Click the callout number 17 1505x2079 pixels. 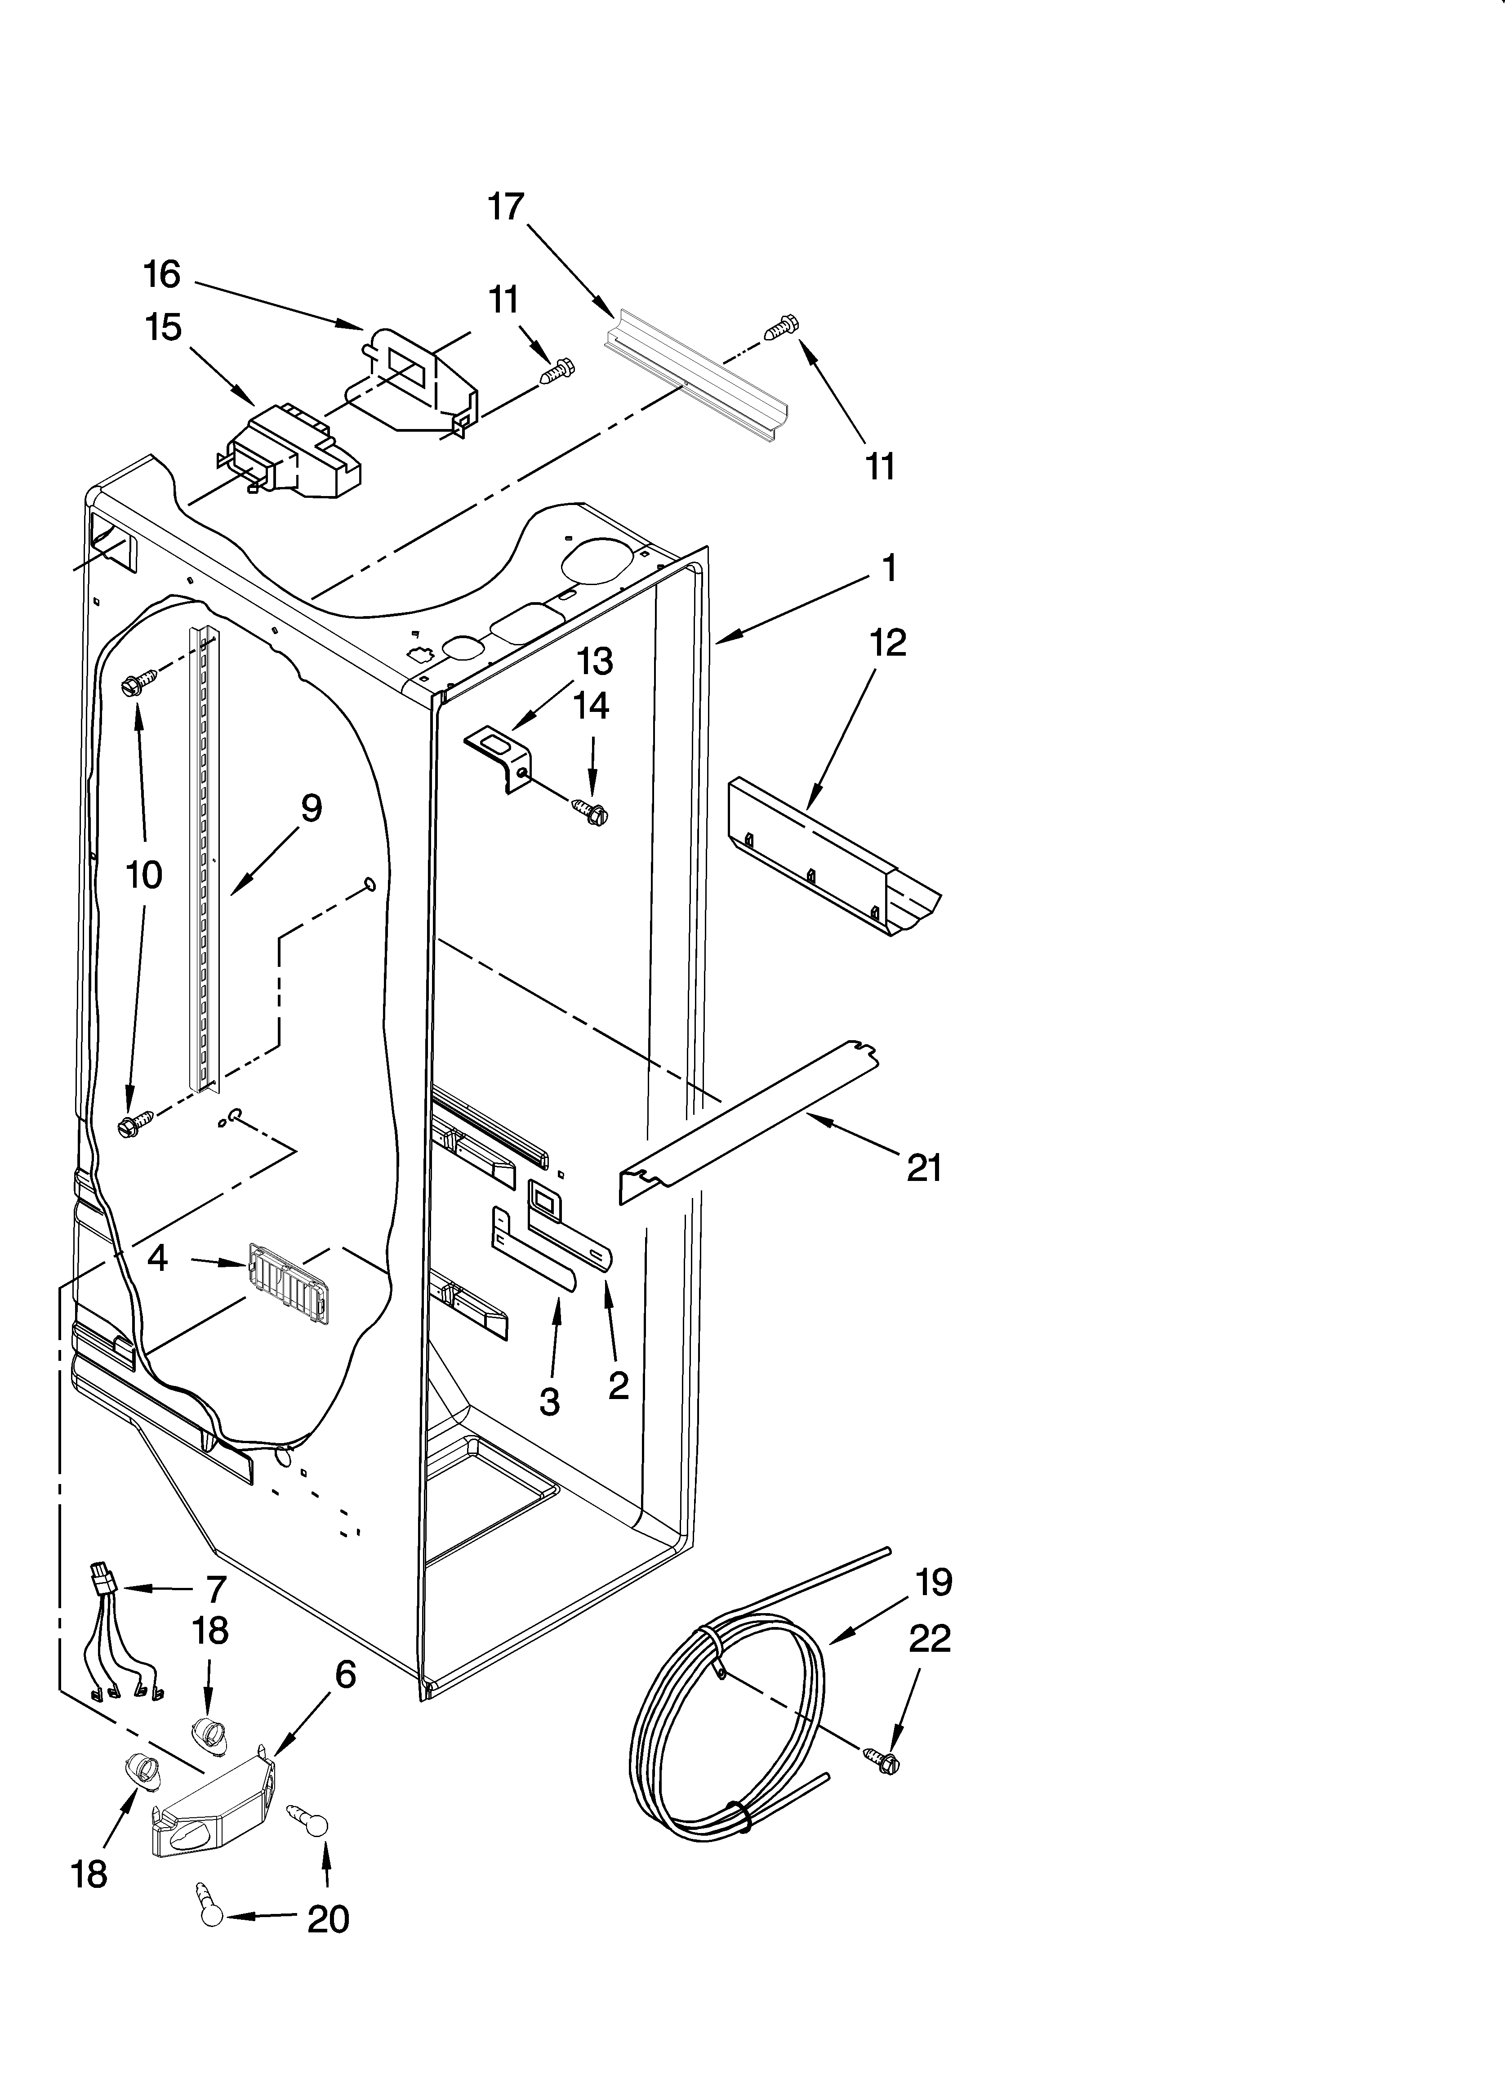(x=505, y=207)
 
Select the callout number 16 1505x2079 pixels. (x=162, y=274)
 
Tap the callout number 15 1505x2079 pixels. (x=164, y=327)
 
